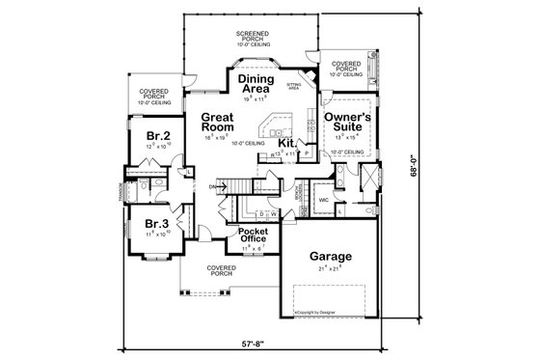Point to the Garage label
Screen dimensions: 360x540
330,257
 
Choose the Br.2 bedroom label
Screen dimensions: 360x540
158,135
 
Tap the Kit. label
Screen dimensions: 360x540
286,142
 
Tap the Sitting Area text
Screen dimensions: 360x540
295,86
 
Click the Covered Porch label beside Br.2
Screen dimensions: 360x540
157,96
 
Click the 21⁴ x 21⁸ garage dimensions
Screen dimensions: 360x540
331,269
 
